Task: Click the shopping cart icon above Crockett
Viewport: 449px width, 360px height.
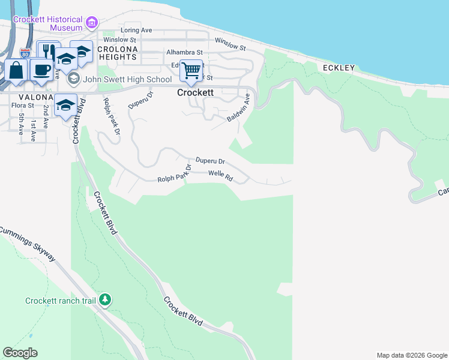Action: (191, 71)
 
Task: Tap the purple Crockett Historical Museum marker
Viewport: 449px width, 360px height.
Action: (92, 23)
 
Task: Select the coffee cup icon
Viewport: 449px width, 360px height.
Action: (41, 70)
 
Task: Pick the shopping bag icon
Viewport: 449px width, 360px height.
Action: (16, 70)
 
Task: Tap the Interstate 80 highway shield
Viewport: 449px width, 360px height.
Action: (25, 53)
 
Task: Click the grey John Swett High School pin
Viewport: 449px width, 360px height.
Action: (73, 79)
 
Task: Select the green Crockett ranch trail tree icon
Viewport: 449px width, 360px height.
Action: (105, 299)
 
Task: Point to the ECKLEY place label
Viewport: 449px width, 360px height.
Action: (339, 68)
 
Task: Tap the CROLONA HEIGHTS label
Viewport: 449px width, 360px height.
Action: (118, 53)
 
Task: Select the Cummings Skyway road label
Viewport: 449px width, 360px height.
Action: (28, 243)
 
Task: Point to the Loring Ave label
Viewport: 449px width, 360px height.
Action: (136, 30)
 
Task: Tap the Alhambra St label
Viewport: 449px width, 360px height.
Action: (185, 53)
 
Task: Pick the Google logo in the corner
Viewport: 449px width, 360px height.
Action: (20, 353)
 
